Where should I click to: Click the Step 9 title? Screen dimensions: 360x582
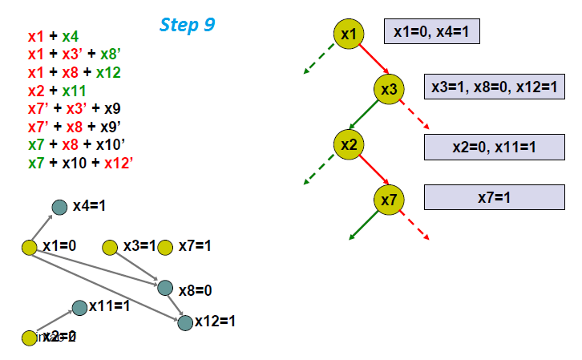pos(187,24)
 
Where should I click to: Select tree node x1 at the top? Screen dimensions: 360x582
pos(349,34)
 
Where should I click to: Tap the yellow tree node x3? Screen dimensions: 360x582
pos(388,89)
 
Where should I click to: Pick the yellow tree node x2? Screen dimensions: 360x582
pos(349,144)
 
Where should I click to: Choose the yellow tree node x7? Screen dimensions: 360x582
pos(388,200)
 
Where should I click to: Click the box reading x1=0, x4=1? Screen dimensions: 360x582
pos(431,31)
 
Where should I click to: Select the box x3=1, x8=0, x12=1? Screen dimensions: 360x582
pos(493,87)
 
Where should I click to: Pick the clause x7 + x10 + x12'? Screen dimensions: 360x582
pos(80,163)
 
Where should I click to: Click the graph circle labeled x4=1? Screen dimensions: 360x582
pos(59,207)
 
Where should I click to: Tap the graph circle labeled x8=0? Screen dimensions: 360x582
pos(165,287)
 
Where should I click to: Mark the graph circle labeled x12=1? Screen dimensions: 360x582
pos(185,322)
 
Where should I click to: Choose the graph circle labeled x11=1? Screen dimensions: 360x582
pos(79,307)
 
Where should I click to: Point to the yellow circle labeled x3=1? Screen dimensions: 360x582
pos(110,247)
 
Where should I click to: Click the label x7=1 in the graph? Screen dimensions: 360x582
pos(195,245)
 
